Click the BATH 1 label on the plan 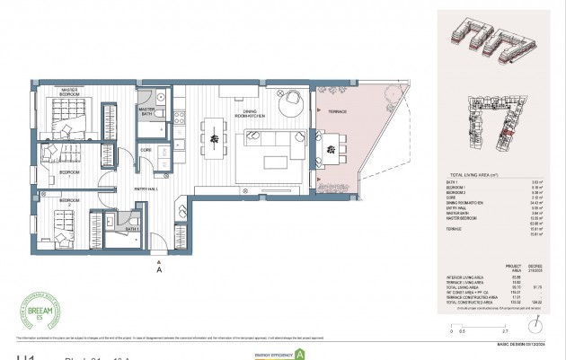click(x=132, y=229)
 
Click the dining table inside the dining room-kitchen click(x=216, y=136)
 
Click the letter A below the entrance click(x=159, y=268)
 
